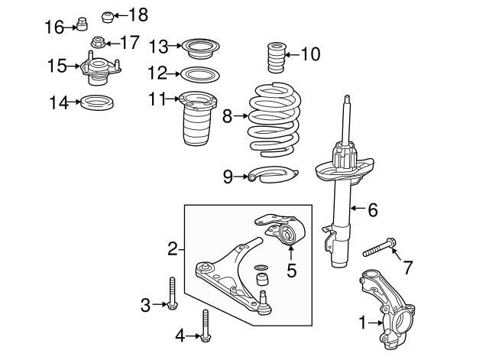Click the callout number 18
tap(138, 15)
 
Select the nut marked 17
tap(97, 41)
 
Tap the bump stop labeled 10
tap(276, 56)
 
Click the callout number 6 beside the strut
tap(372, 209)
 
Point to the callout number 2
tap(173, 248)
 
